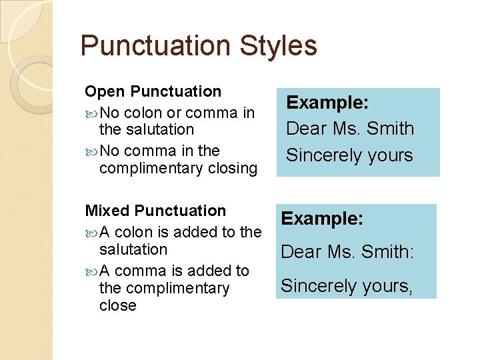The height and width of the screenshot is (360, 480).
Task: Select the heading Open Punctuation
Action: pos(153,91)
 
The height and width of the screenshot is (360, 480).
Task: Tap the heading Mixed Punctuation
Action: pos(155,211)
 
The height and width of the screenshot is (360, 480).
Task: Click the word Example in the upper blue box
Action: pos(327,103)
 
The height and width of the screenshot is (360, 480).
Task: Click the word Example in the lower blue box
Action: pos(322,219)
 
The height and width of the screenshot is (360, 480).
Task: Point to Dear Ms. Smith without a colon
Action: pos(350,128)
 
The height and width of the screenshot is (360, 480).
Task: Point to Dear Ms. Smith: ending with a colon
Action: pos(347,251)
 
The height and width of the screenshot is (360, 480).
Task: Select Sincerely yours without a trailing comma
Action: pos(349,155)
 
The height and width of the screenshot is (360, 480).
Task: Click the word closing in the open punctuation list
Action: pos(232,169)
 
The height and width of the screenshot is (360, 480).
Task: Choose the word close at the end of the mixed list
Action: pos(117,305)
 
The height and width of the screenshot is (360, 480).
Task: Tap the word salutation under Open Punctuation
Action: pos(146,129)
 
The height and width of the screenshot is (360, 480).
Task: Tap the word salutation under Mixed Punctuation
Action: pos(133,249)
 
